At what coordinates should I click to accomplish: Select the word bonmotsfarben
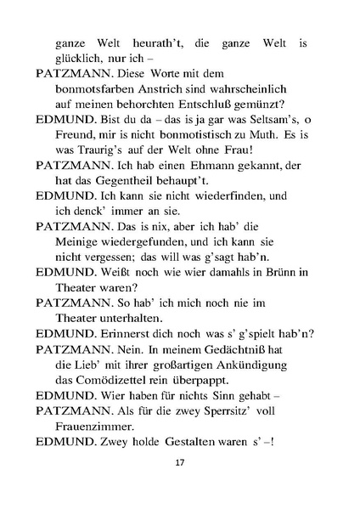pos(93,88)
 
